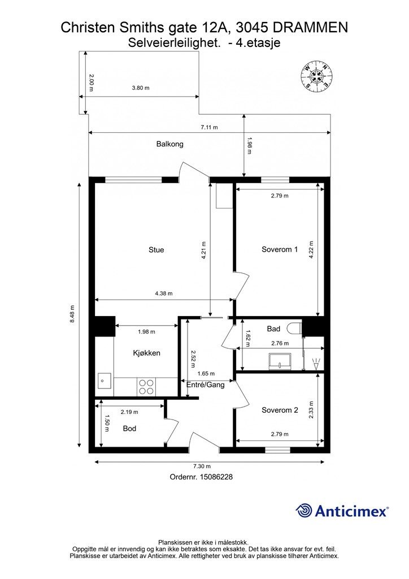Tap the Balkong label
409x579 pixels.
click(169, 144)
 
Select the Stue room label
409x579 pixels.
click(156, 250)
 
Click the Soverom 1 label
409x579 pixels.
click(280, 249)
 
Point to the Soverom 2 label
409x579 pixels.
click(280, 411)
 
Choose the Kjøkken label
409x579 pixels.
click(146, 353)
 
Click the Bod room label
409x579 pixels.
click(129, 429)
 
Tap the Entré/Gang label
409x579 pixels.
click(206, 384)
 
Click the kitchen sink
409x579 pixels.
click(105, 381)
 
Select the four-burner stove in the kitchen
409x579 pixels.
click(146, 387)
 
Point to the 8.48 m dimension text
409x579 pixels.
click(72, 314)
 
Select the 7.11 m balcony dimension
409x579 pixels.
click(209, 127)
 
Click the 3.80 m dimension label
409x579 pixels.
click(141, 88)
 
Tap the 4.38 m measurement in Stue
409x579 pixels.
click(164, 294)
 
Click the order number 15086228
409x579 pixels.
click(216, 477)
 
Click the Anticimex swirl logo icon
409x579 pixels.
click(303, 511)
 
